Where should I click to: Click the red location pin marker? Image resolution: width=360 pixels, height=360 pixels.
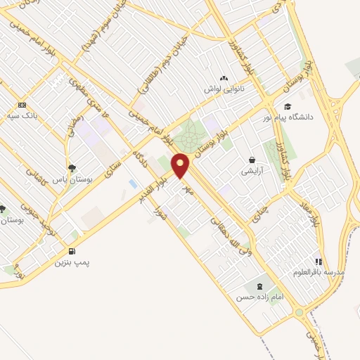click(x=181, y=165)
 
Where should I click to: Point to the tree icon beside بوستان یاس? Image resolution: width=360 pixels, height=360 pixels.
click(x=72, y=167)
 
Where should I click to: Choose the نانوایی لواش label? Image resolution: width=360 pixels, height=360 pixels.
click(x=224, y=89)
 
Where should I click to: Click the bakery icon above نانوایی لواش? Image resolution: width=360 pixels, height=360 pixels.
click(x=224, y=78)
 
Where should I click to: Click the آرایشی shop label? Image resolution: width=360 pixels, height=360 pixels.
click(x=252, y=171)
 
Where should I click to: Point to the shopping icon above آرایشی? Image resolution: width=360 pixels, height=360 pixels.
click(x=252, y=160)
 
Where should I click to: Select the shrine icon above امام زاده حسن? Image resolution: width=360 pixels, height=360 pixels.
click(x=260, y=286)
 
